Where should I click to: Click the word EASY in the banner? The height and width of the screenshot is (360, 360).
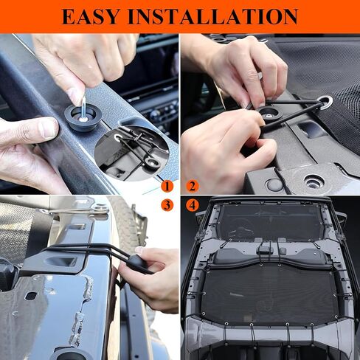pos(90,16)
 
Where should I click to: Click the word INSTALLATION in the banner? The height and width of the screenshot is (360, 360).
pos(213,16)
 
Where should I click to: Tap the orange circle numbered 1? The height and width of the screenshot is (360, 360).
pos(167,187)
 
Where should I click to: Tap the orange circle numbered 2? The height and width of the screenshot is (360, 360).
pos(193,187)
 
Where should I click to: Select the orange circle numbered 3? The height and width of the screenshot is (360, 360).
pos(167,205)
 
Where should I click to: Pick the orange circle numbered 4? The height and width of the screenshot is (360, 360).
pos(193,205)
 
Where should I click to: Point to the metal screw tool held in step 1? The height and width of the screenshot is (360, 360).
pos(83,108)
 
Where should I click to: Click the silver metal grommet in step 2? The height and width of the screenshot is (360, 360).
pos(325,102)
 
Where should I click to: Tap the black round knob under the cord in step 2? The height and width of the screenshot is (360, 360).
pos(269,114)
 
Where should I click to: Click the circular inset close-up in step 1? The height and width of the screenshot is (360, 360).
pos(132,153)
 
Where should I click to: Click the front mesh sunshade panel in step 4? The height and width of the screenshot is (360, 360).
pos(271,220)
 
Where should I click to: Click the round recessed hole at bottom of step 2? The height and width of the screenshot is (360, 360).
pos(313,181)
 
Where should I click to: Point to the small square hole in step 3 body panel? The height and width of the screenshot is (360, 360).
pos(32,297)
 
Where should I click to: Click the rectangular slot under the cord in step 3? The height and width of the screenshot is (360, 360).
pos(61,261)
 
